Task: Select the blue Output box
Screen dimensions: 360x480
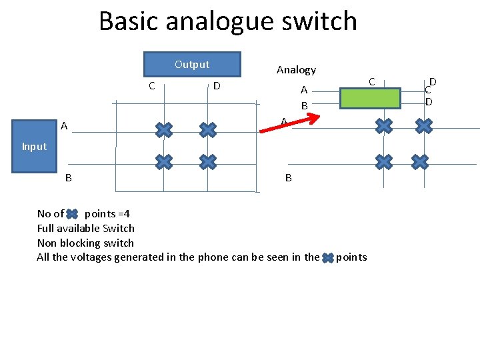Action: coord(192,65)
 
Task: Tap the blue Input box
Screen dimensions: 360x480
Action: coord(34,147)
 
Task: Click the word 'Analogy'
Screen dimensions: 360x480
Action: coord(296,69)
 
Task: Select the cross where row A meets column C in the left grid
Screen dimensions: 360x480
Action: coord(163,129)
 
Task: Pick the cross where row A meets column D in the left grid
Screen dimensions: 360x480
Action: coord(208,129)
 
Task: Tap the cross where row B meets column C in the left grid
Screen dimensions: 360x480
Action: coord(163,161)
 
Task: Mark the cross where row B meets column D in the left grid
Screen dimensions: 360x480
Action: coord(208,161)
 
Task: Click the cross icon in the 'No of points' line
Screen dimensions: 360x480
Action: coord(73,214)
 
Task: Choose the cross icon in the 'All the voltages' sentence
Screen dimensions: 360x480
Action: coord(327,258)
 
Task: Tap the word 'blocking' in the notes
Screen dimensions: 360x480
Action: coord(81,243)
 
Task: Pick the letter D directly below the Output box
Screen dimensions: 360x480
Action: coord(217,85)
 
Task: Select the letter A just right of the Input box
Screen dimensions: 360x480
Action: coord(64,125)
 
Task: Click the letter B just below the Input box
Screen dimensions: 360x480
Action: coord(68,178)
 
